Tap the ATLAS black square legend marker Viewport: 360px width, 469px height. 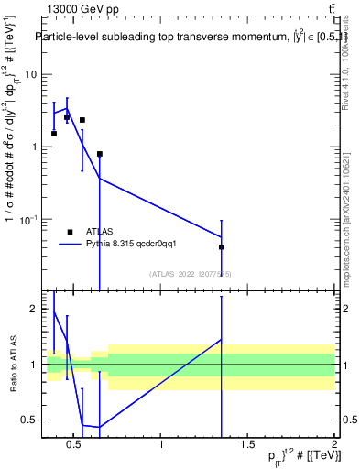[x=70, y=232]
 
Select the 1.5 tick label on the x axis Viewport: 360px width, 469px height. [x=247, y=445]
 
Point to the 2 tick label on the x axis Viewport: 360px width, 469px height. [x=334, y=445]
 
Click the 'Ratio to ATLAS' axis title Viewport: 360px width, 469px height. [x=13, y=365]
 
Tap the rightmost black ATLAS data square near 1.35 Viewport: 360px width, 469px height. [x=222, y=246]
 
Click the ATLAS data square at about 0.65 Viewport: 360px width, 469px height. [x=100, y=154]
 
